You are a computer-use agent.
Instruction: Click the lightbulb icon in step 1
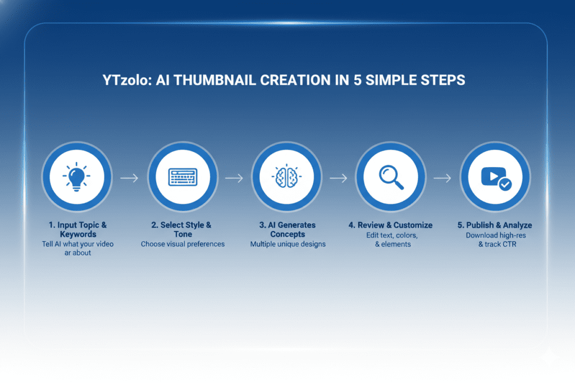click(76, 177)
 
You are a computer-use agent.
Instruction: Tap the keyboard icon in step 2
click(182, 177)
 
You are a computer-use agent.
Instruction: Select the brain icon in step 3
click(287, 177)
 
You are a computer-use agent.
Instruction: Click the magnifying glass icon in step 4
click(391, 177)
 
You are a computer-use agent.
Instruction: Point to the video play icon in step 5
click(493, 177)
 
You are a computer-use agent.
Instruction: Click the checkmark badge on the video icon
click(505, 184)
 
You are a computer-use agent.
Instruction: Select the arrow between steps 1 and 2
click(130, 178)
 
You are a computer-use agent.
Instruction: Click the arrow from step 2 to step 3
click(234, 178)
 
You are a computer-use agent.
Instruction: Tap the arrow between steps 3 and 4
click(339, 178)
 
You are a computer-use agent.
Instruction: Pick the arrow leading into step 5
click(442, 178)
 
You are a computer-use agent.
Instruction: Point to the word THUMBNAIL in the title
click(215, 80)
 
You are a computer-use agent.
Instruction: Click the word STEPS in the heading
click(442, 80)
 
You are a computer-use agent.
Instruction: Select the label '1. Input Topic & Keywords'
click(77, 229)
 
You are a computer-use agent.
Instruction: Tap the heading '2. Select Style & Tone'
click(181, 229)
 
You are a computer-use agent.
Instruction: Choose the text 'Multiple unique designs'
click(288, 244)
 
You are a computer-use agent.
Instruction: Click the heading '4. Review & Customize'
click(391, 225)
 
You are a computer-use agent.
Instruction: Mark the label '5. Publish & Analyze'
click(495, 225)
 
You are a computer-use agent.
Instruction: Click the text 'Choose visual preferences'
click(182, 244)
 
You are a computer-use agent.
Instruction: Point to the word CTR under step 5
click(509, 244)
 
